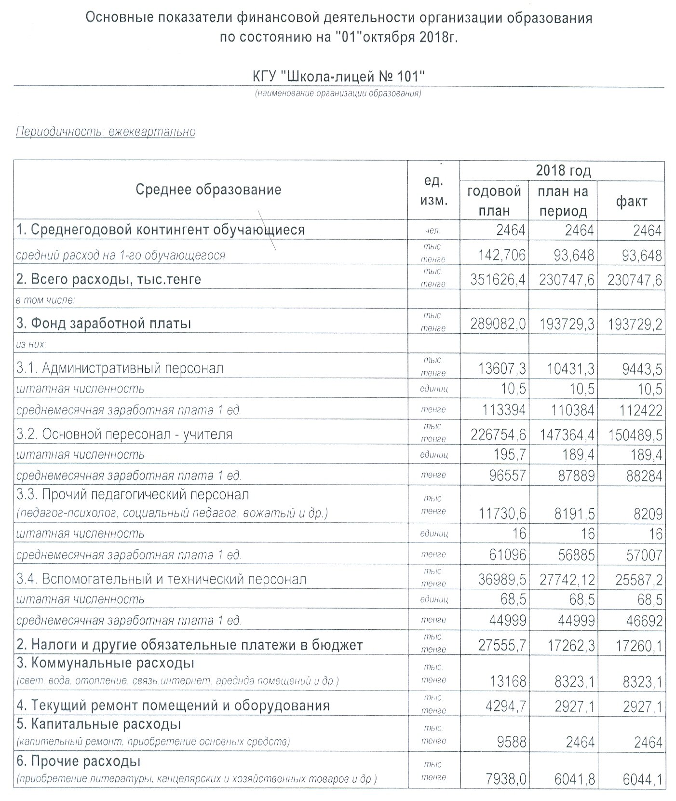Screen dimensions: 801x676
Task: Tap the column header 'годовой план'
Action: [494, 201]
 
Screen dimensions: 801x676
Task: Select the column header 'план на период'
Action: [563, 201]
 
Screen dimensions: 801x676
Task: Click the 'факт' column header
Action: [631, 201]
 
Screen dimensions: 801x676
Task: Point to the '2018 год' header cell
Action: [563, 171]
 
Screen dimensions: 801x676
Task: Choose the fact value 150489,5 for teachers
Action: [635, 435]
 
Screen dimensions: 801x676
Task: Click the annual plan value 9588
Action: [511, 742]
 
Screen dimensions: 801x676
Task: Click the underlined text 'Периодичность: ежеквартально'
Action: [106, 132]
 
